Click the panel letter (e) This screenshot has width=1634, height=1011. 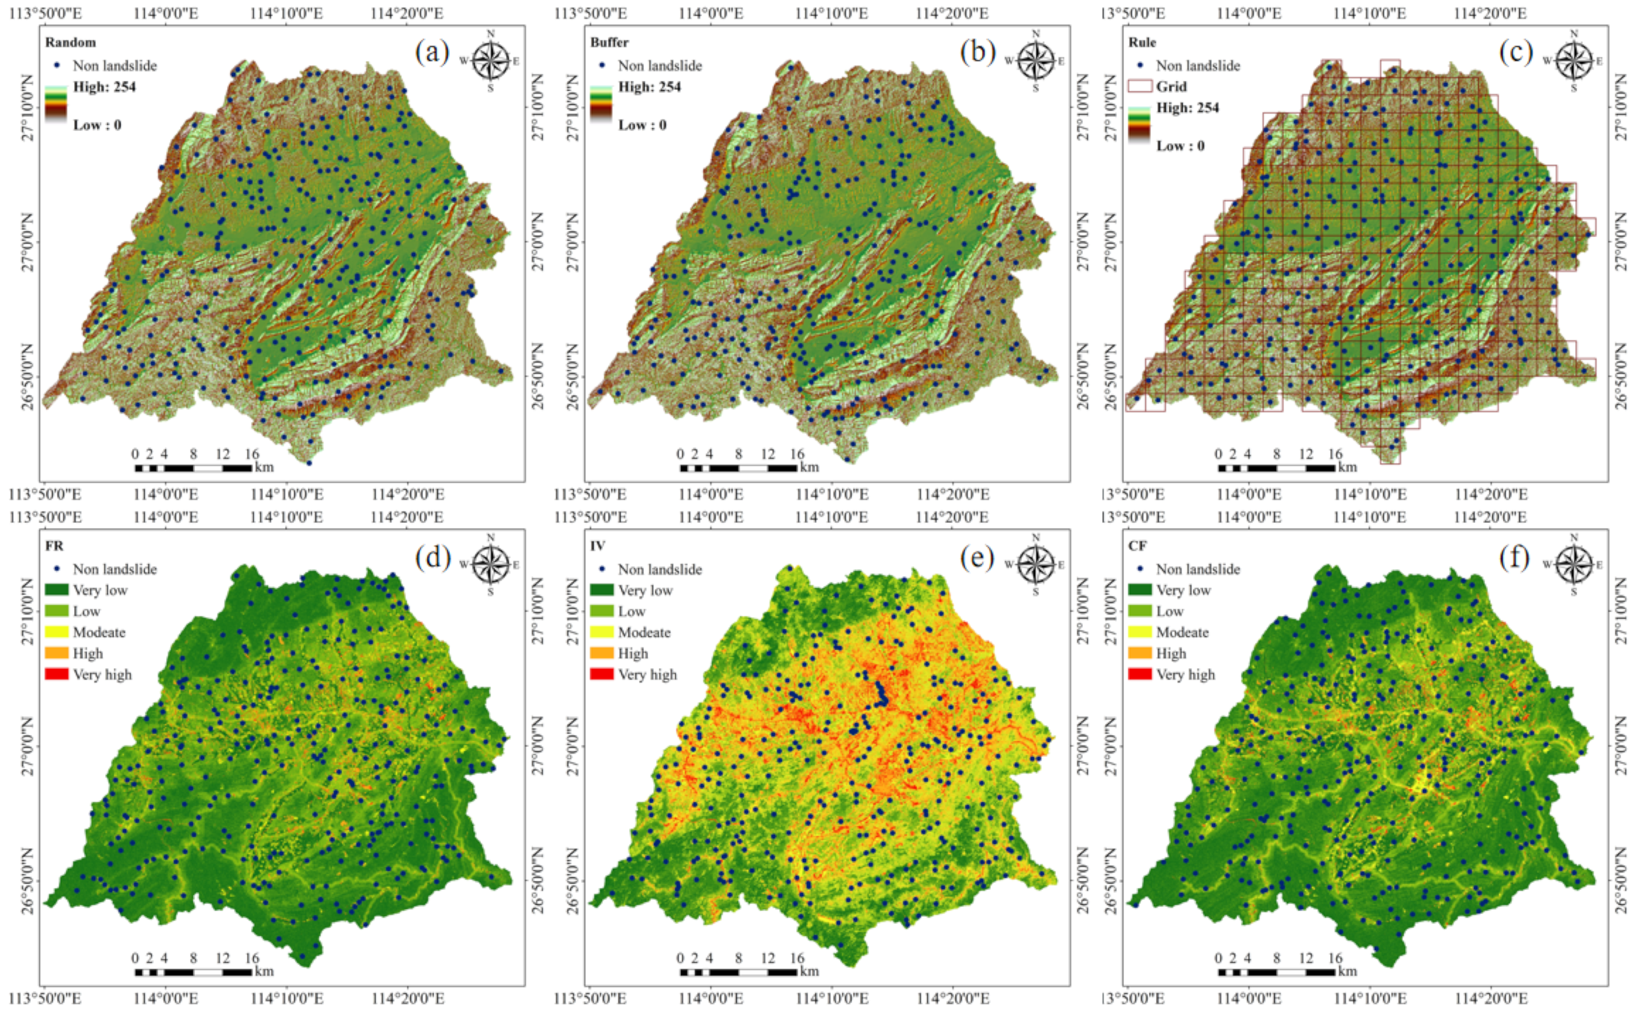(x=977, y=556)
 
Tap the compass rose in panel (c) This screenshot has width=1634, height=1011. (x=1573, y=61)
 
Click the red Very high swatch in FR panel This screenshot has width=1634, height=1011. (x=57, y=674)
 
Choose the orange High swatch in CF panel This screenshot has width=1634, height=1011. (x=1140, y=653)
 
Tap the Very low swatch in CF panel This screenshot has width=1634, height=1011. (x=1140, y=590)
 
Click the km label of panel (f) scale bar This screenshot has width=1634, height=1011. (x=1347, y=971)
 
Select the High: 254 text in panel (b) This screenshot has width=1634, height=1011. (x=649, y=87)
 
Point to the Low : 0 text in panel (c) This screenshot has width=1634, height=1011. (x=1181, y=146)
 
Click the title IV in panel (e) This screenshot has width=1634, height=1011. (x=597, y=546)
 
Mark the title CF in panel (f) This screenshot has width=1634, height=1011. (x=1137, y=546)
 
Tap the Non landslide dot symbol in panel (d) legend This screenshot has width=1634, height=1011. (x=57, y=569)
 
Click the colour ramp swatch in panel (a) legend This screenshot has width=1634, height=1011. (x=57, y=104)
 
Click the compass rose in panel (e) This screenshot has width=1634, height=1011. (x=1035, y=564)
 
